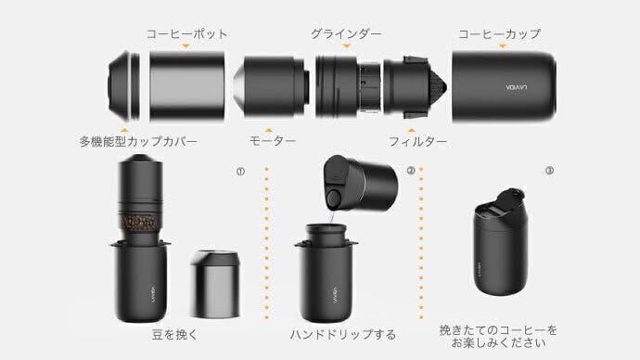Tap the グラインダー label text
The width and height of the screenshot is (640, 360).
(345, 33)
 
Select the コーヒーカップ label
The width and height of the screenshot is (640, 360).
(499, 33)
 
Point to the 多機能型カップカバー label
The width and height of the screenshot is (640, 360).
(138, 142)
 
